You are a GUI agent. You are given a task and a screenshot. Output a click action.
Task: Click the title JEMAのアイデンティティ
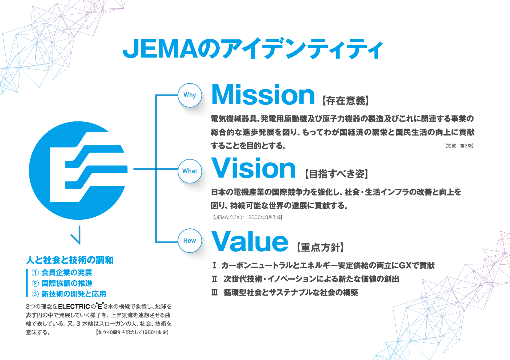pyautogui.click(x=253, y=49)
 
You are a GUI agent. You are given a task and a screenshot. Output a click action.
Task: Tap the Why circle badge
pyautogui.click(x=190, y=95)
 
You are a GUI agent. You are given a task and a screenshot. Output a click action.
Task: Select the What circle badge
pyautogui.click(x=190, y=171)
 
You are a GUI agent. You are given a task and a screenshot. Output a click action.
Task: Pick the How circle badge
pyautogui.click(x=190, y=241)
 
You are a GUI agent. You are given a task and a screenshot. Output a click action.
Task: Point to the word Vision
pyautogui.click(x=254, y=168)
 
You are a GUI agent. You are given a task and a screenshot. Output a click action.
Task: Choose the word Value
pyautogui.click(x=250, y=242)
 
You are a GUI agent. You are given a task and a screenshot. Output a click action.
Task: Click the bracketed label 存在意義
pyautogui.click(x=346, y=100)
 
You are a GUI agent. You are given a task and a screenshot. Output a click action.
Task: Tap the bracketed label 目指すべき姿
pyautogui.click(x=337, y=174)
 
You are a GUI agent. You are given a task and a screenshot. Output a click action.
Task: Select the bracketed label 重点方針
pyautogui.click(x=320, y=247)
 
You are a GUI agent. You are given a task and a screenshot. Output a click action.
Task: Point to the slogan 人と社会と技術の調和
pyautogui.click(x=70, y=260)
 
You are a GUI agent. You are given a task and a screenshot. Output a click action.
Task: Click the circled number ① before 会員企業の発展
pyautogui.click(x=35, y=273)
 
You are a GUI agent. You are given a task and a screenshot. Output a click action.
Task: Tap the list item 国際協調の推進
pyautogui.click(x=67, y=283)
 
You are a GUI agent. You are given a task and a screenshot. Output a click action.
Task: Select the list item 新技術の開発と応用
pyautogui.click(x=73, y=294)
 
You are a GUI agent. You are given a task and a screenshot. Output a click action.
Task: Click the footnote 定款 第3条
pyautogui.click(x=459, y=146)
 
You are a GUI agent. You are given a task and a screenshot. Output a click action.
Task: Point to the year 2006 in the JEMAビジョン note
pyautogui.click(x=254, y=217)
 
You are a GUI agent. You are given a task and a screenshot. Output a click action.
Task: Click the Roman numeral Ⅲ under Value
pyautogui.click(x=214, y=293)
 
